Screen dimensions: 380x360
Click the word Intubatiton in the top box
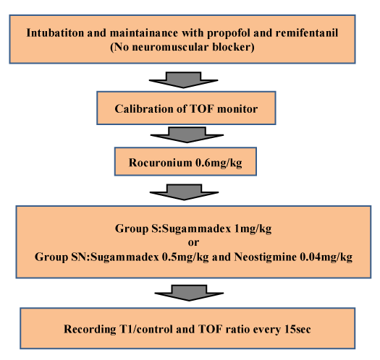(55, 33)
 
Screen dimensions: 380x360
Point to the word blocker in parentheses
(232, 47)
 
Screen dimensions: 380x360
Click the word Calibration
(144, 108)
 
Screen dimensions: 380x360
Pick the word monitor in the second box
(237, 109)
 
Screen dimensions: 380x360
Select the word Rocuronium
(160, 163)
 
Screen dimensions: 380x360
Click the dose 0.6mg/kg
(219, 163)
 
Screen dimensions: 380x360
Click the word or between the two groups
(193, 243)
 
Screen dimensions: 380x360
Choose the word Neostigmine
(265, 257)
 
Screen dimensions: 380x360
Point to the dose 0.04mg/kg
(326, 257)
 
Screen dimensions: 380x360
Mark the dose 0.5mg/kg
(185, 257)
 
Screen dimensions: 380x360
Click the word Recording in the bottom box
(90, 330)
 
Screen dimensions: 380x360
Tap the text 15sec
(297, 329)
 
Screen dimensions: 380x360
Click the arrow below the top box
(183, 80)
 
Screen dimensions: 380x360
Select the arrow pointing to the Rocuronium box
(187, 135)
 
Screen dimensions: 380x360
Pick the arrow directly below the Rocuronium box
(184, 192)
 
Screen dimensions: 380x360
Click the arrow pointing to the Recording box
(189, 293)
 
